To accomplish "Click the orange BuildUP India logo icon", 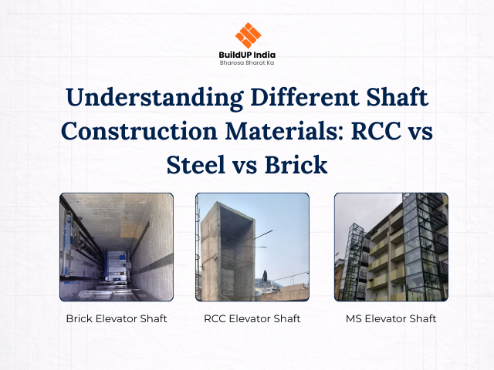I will tap(247, 35).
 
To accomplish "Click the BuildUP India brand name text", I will tap(247, 54).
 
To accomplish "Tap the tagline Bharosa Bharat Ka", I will tap(247, 62).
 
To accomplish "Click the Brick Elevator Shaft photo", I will tap(117, 246).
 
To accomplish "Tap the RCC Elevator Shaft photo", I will tap(252, 246).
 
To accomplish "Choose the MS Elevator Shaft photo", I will tap(391, 246).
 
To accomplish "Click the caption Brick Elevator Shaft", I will tap(117, 318).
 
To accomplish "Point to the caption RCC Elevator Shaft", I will tap(252, 318).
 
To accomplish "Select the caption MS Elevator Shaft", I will tap(391, 318).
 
